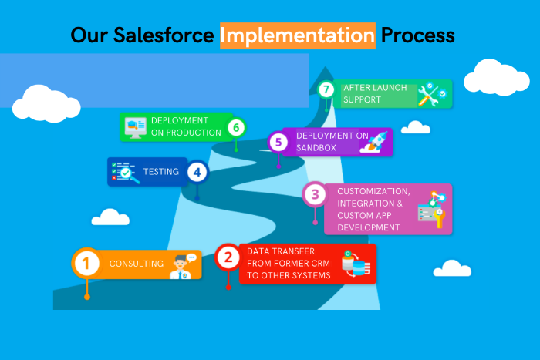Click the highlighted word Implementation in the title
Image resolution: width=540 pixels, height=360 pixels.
coord(298,35)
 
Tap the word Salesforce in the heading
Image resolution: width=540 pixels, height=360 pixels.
coord(164,35)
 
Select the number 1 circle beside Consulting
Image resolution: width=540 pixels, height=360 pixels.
coord(86,264)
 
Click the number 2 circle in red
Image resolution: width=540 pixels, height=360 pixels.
coord(228,257)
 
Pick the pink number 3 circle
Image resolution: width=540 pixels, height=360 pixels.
coord(315,194)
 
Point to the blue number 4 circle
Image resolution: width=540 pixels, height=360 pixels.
coord(197,172)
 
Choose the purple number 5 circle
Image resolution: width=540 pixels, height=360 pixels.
coord(278,142)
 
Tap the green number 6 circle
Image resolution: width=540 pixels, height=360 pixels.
coord(236,128)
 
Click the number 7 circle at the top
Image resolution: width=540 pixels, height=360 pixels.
coord(326,90)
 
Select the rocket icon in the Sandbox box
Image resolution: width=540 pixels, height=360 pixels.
coord(373,142)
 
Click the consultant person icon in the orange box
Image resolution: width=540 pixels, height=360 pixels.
coord(182,266)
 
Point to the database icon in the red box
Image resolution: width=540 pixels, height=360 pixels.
coord(356,264)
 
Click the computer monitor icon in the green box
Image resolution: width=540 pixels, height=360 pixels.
coord(135,128)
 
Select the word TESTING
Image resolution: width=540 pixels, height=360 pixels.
coord(160,171)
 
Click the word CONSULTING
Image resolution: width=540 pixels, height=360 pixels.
coord(137,264)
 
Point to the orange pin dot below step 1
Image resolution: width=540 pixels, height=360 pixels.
coord(87,297)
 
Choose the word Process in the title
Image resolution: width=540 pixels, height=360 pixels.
coord(418,35)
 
